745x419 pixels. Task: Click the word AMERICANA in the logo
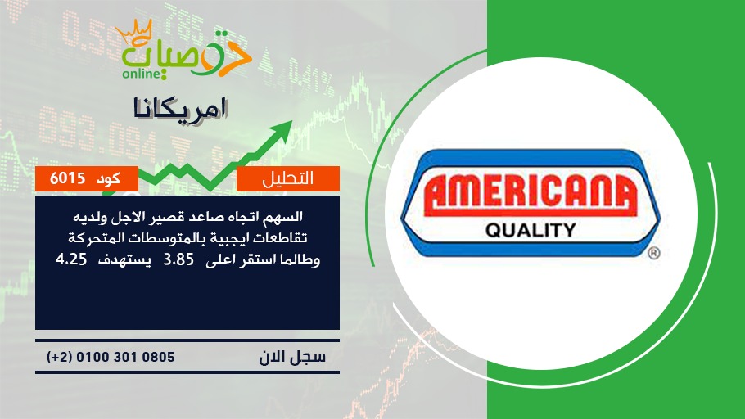pyautogui.click(x=530, y=196)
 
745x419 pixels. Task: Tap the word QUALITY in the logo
pyautogui.click(x=531, y=231)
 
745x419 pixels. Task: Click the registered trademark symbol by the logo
pyautogui.click(x=654, y=253)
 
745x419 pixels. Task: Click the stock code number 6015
pyautogui.click(x=67, y=178)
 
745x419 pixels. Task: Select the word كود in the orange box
pyautogui.click(x=108, y=179)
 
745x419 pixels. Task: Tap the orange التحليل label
pyautogui.click(x=288, y=178)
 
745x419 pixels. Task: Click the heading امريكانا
pyautogui.click(x=181, y=110)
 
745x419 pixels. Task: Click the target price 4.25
pyautogui.click(x=71, y=260)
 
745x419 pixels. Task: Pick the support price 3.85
pyautogui.click(x=178, y=260)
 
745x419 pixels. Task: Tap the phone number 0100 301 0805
pyautogui.click(x=125, y=357)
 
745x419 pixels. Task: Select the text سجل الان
pyautogui.click(x=292, y=357)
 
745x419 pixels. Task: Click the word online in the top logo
pyautogui.click(x=141, y=74)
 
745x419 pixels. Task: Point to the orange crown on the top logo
pyautogui.click(x=133, y=32)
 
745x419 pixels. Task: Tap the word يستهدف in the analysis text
pyautogui.click(x=124, y=261)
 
